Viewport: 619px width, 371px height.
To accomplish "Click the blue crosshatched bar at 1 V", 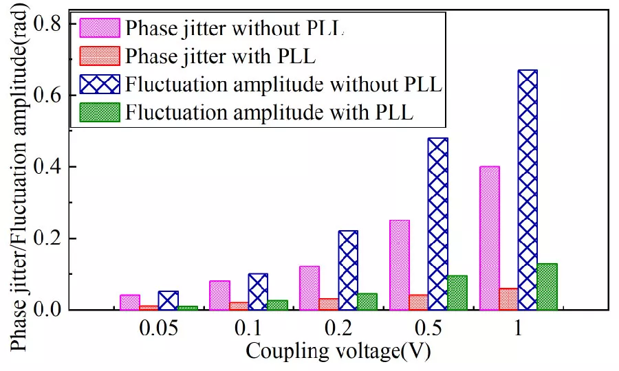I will pyautogui.click(x=527, y=190).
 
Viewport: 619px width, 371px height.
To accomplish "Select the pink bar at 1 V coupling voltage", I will pyautogui.click(x=490, y=238).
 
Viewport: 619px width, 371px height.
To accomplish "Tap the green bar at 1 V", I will pyautogui.click(x=547, y=286).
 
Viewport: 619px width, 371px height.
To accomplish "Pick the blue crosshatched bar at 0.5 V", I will pyautogui.click(x=437, y=224).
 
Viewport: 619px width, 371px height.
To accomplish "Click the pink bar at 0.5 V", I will pyautogui.click(x=400, y=265).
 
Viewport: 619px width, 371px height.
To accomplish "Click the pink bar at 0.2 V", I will pyautogui.click(x=309, y=288).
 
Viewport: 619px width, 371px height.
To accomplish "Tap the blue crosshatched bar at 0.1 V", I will pyautogui.click(x=258, y=291).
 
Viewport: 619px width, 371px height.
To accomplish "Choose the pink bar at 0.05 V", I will pyautogui.click(x=129, y=302).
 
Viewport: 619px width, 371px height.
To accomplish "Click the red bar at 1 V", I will pyautogui.click(x=508, y=299).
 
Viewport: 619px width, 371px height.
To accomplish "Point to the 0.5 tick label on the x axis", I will pyautogui.click(x=427, y=329).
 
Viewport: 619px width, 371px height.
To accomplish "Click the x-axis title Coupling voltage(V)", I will pyautogui.click(x=338, y=351).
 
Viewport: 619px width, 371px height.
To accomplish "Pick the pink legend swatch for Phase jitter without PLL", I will pyautogui.click(x=100, y=28).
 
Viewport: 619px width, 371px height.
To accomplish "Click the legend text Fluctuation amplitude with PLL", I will pyautogui.click(x=269, y=113).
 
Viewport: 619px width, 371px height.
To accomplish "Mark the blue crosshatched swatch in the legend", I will pyautogui.click(x=100, y=85).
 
